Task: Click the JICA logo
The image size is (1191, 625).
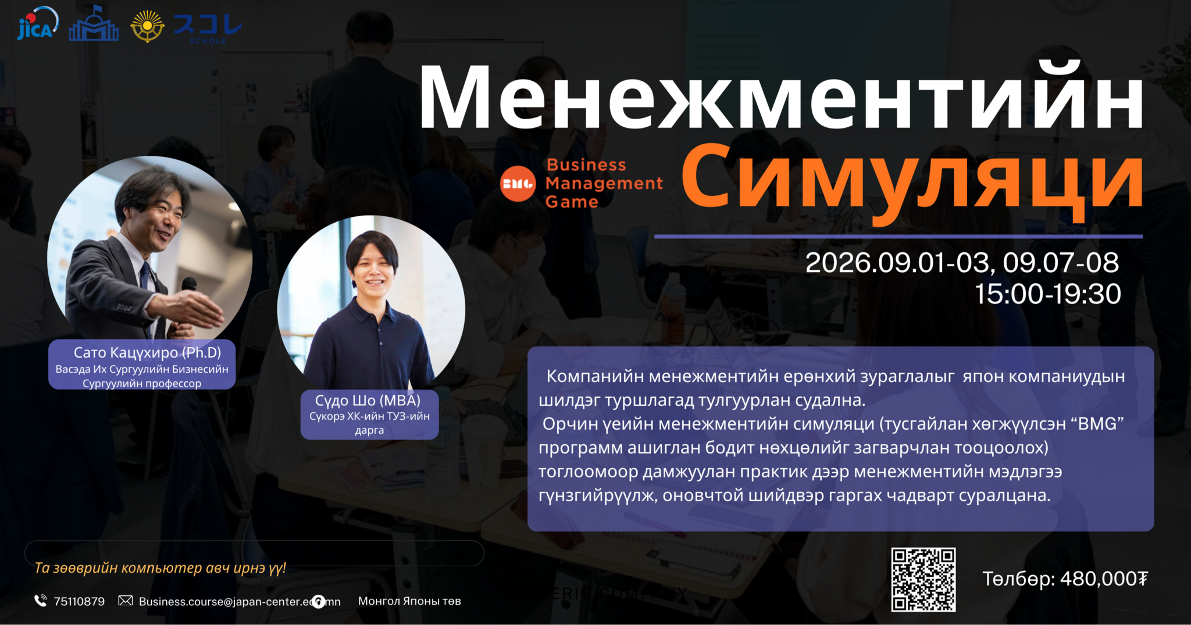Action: tap(38, 23)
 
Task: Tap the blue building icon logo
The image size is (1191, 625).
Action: tap(94, 24)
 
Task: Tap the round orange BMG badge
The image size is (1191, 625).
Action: tap(518, 184)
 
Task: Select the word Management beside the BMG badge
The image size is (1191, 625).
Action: tap(604, 183)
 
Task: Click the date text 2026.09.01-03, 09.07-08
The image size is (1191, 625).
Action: tap(962, 263)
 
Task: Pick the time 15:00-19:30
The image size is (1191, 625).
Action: tap(1047, 294)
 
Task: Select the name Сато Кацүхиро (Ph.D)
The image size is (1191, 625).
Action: tap(148, 352)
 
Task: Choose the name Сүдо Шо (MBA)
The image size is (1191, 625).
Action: tap(368, 400)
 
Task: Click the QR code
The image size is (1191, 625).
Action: tap(923, 579)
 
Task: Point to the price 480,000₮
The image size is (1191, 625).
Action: tap(1104, 578)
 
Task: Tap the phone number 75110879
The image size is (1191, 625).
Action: tap(79, 601)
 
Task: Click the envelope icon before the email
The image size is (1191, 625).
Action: tap(126, 600)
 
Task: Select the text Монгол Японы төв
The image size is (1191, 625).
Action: tap(409, 601)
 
